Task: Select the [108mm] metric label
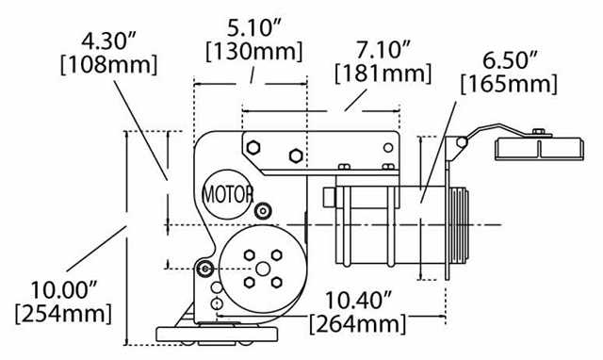(109, 65)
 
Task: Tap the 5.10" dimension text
(254, 28)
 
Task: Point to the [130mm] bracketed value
(254, 51)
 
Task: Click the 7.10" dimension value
(383, 50)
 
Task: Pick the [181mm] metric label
(383, 74)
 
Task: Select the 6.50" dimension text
(510, 60)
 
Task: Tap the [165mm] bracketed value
(509, 84)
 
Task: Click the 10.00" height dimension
(64, 290)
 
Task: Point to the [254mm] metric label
(63, 314)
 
